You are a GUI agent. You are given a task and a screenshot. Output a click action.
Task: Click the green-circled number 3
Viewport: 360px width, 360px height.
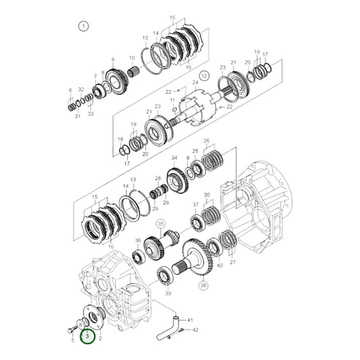click(87, 335)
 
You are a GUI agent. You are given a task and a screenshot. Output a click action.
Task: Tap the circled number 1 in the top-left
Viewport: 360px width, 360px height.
click(83, 27)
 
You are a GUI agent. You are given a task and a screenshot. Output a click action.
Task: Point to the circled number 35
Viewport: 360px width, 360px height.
click(161, 223)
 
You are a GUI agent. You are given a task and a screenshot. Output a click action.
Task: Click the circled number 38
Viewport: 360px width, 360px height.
click(204, 285)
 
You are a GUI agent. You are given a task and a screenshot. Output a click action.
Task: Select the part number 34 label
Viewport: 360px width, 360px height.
click(174, 159)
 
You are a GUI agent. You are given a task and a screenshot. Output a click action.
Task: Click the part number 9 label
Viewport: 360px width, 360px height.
click(112, 59)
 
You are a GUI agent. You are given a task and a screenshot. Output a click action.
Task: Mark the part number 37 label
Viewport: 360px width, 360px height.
click(196, 204)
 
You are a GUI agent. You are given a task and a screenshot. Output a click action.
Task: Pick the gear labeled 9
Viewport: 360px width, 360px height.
click(119, 82)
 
